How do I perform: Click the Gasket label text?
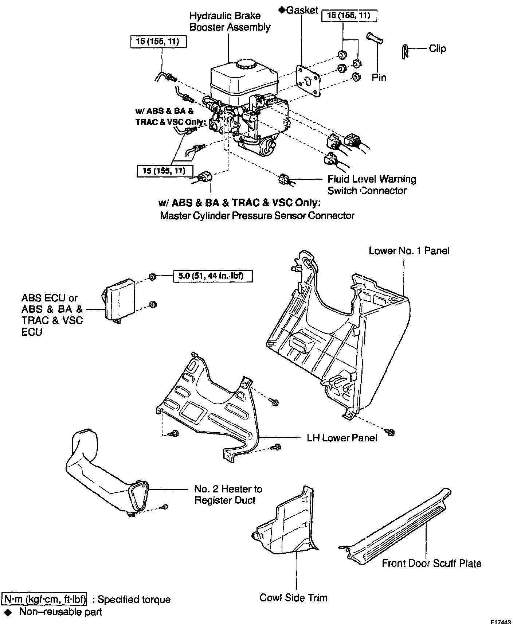tap(302, 10)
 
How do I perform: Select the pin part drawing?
tap(375, 38)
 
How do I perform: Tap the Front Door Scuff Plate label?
tap(431, 563)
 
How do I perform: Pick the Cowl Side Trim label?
tap(293, 598)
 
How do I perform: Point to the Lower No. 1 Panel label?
tap(409, 251)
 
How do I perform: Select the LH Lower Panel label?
tap(342, 438)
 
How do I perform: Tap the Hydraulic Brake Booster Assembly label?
tap(230, 22)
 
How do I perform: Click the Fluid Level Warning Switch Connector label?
tap(371, 185)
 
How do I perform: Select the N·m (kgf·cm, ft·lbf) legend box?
tap(45, 599)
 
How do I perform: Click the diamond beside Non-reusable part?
tap(6, 612)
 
